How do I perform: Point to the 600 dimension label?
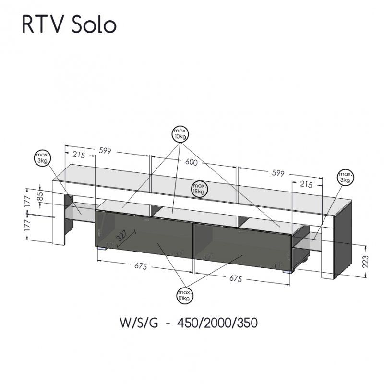tap(191, 162)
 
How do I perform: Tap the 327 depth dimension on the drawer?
tap(122, 236)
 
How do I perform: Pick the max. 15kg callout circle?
tap(200, 188)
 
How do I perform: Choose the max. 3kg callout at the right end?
tap(345, 177)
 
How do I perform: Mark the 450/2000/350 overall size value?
tap(217, 323)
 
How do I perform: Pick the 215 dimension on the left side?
tap(79, 155)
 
